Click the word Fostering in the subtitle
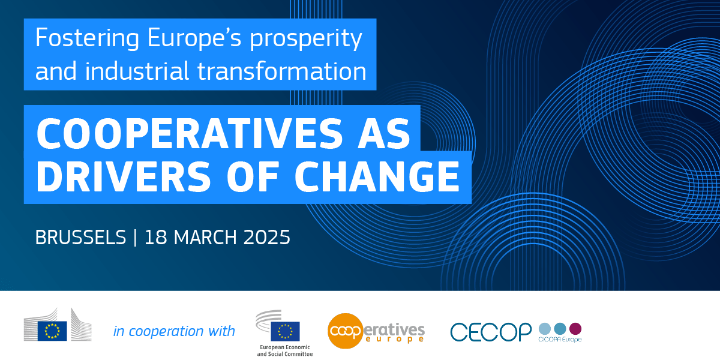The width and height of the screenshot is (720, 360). (x=87, y=38)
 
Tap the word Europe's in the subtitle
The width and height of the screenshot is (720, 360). (x=194, y=38)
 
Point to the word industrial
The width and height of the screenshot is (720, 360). (x=137, y=70)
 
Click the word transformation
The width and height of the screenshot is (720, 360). (x=281, y=71)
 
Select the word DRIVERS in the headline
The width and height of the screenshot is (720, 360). (x=124, y=176)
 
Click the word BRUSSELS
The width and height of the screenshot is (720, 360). (x=80, y=237)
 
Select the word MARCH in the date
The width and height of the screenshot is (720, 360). (x=205, y=237)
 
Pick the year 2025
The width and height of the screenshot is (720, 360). (x=267, y=237)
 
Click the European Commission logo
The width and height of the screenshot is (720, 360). (x=58, y=325)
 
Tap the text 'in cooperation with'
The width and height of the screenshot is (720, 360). (x=174, y=331)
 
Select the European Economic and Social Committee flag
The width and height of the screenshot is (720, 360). (x=285, y=331)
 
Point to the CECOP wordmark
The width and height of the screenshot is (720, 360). (x=491, y=332)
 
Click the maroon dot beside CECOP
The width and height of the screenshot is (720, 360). (x=575, y=329)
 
